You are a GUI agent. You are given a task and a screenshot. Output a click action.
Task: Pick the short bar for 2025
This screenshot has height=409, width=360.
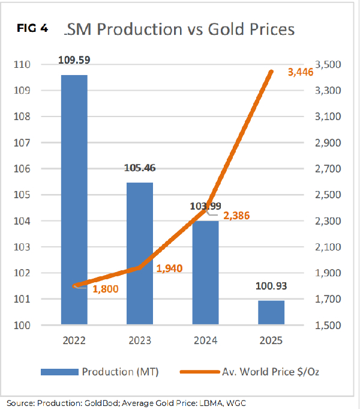[x=271, y=313]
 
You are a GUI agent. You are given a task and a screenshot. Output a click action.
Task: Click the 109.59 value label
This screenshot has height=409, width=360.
[x=74, y=60]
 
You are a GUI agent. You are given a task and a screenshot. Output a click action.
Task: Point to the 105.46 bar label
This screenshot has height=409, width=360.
[x=140, y=168]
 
